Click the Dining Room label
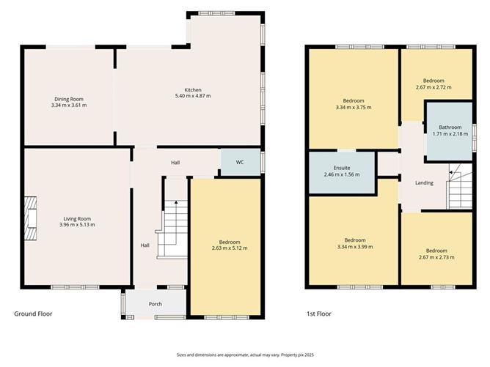[70, 98]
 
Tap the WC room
[240, 162]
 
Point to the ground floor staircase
[175, 227]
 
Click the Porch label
[154, 304]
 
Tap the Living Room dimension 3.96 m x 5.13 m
[77, 224]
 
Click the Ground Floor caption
[33, 314]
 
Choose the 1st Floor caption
[319, 314]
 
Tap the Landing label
[424, 183]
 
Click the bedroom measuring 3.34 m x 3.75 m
[353, 104]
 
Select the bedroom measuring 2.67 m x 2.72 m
[434, 84]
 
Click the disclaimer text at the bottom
[244, 355]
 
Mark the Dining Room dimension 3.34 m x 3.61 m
[70, 105]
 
